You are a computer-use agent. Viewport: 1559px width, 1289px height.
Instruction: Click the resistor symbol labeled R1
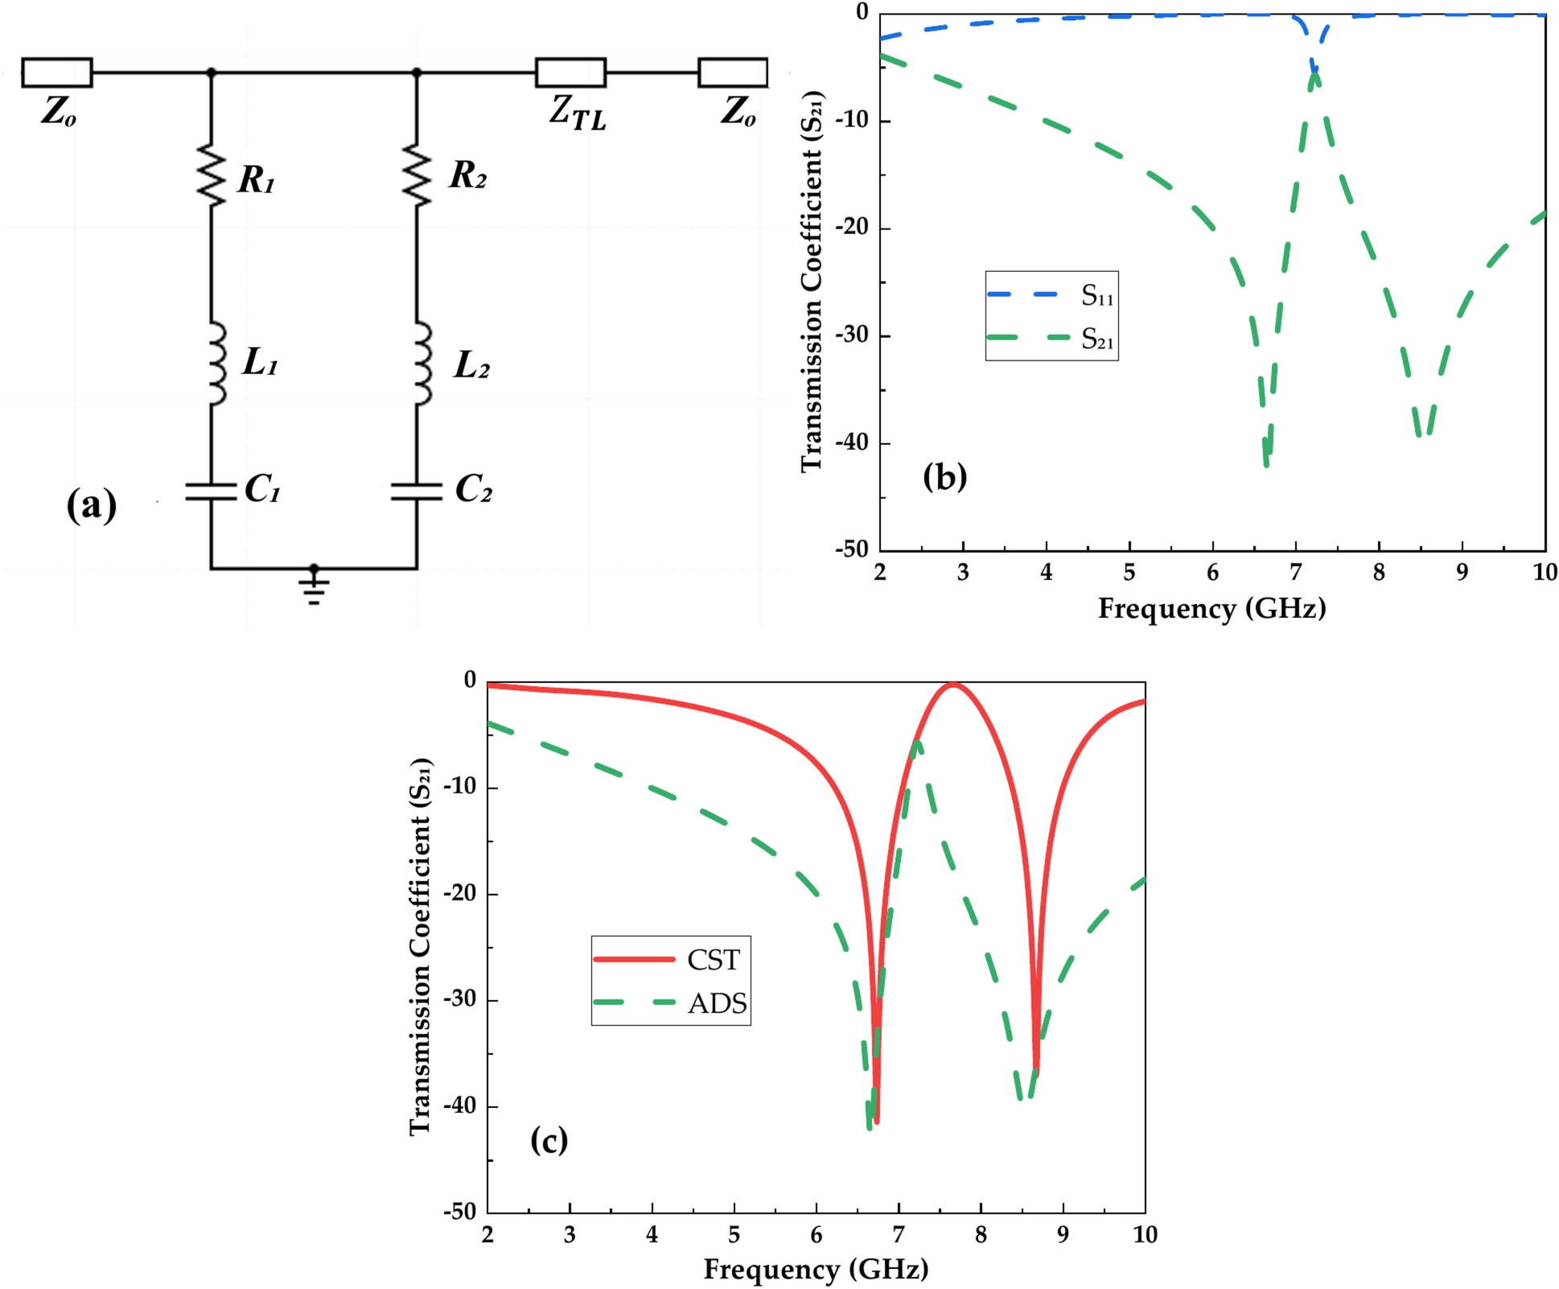(x=212, y=175)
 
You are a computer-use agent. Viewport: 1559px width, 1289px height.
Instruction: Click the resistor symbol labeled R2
(x=417, y=175)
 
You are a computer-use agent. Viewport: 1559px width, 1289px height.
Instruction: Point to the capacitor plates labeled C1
(x=211, y=492)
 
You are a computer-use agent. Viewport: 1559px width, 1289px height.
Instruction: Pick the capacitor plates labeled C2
(x=417, y=492)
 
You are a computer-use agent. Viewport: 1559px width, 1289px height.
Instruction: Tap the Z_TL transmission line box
(x=570, y=72)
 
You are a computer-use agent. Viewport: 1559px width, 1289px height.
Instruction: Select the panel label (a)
(x=92, y=506)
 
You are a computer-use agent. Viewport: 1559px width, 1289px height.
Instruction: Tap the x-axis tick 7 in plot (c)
(x=899, y=1235)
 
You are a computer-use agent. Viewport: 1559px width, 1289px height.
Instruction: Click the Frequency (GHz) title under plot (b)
(x=1211, y=608)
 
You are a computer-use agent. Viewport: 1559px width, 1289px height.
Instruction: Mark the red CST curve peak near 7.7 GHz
(x=954, y=684)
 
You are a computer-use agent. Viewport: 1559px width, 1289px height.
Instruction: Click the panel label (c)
(x=549, y=1140)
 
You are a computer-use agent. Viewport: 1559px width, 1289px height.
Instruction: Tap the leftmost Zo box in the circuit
(x=57, y=72)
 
